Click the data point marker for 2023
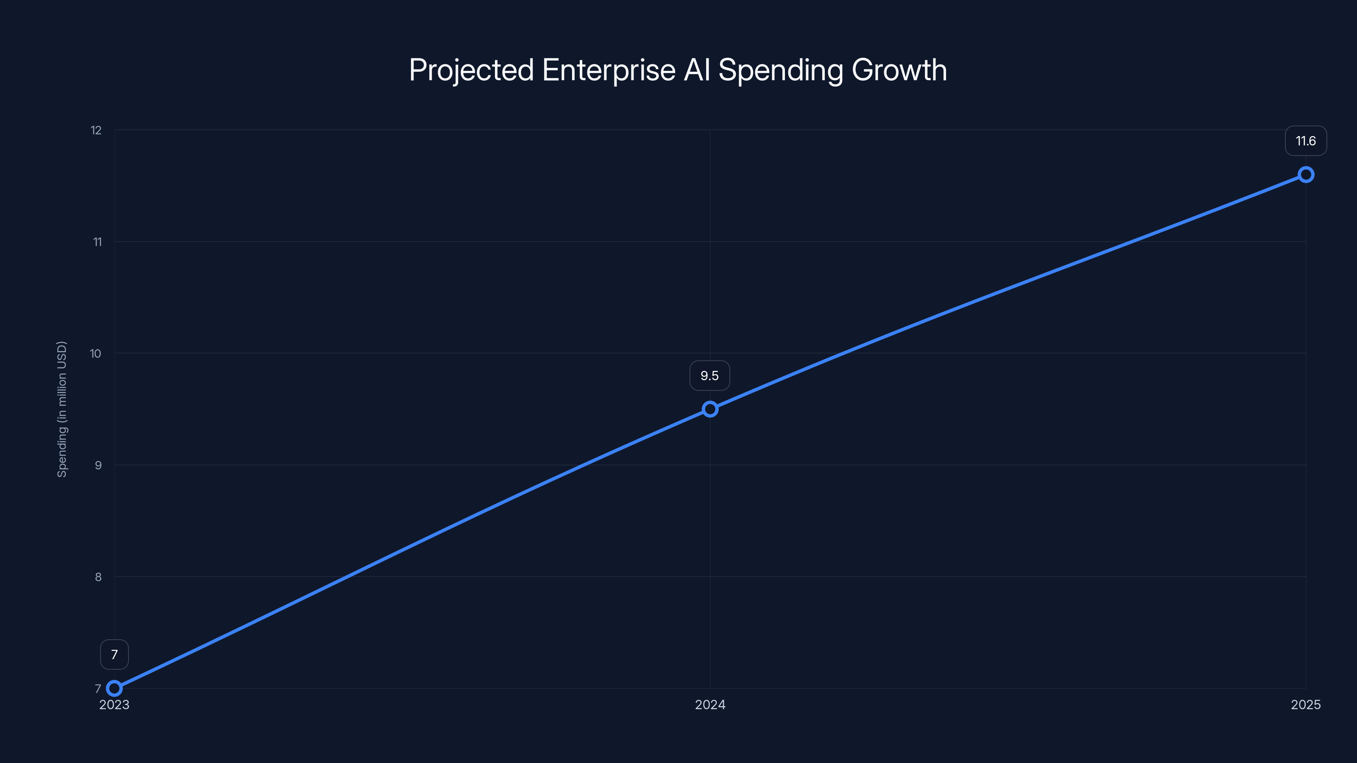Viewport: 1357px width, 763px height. [114, 688]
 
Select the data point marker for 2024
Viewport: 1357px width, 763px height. [710, 409]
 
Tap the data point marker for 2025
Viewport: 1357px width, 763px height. [1306, 174]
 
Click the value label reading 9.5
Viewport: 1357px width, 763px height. [709, 376]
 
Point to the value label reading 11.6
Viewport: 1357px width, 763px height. [1306, 141]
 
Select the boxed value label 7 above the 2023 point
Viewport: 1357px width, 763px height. [114, 654]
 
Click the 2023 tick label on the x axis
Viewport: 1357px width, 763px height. [114, 705]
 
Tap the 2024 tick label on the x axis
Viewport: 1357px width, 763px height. [710, 705]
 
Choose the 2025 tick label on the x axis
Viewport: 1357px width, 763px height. [1306, 705]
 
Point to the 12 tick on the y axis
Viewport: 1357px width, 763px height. [96, 130]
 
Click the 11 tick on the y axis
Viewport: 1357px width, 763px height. [98, 242]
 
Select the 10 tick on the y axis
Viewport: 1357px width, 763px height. [95, 354]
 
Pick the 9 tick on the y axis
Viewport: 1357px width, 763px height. [98, 465]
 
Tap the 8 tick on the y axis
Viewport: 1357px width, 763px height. [98, 577]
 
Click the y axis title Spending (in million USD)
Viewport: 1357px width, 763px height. [62, 409]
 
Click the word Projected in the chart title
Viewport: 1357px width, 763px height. [472, 70]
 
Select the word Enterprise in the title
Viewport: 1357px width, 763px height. [609, 70]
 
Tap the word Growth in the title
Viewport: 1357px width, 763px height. [899, 70]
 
